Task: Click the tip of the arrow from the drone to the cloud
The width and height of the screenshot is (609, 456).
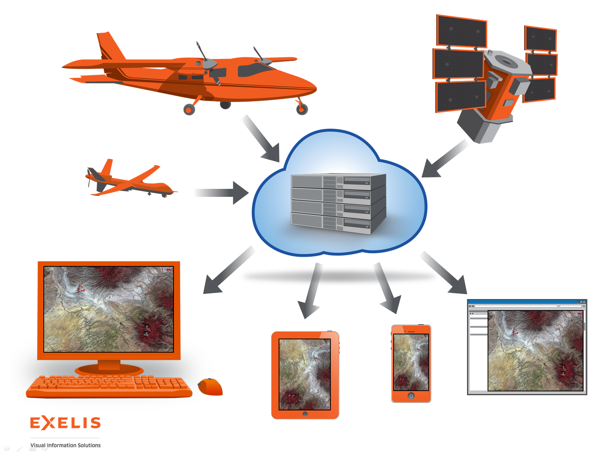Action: click(249, 193)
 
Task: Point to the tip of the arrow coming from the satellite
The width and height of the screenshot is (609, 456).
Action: click(422, 177)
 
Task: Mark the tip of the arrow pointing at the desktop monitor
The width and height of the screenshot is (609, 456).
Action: click(204, 293)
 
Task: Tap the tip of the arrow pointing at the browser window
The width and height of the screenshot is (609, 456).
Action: click(467, 294)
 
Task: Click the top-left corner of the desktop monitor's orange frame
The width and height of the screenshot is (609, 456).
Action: click(38, 262)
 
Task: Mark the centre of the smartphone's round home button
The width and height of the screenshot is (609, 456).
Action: click(411, 396)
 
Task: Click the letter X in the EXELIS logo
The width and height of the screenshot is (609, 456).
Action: click(48, 423)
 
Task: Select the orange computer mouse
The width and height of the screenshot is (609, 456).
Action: click(210, 387)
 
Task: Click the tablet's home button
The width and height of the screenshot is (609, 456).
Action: click(305, 414)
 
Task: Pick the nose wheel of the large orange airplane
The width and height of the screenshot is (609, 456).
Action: click(302, 109)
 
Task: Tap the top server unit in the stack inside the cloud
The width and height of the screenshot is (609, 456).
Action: click(338, 181)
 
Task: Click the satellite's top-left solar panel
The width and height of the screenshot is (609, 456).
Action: click(461, 31)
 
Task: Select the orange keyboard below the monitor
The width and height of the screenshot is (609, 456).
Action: click(109, 386)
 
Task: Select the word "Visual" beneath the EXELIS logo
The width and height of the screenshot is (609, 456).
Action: click(38, 445)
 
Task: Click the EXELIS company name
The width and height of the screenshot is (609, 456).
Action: click(65, 423)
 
